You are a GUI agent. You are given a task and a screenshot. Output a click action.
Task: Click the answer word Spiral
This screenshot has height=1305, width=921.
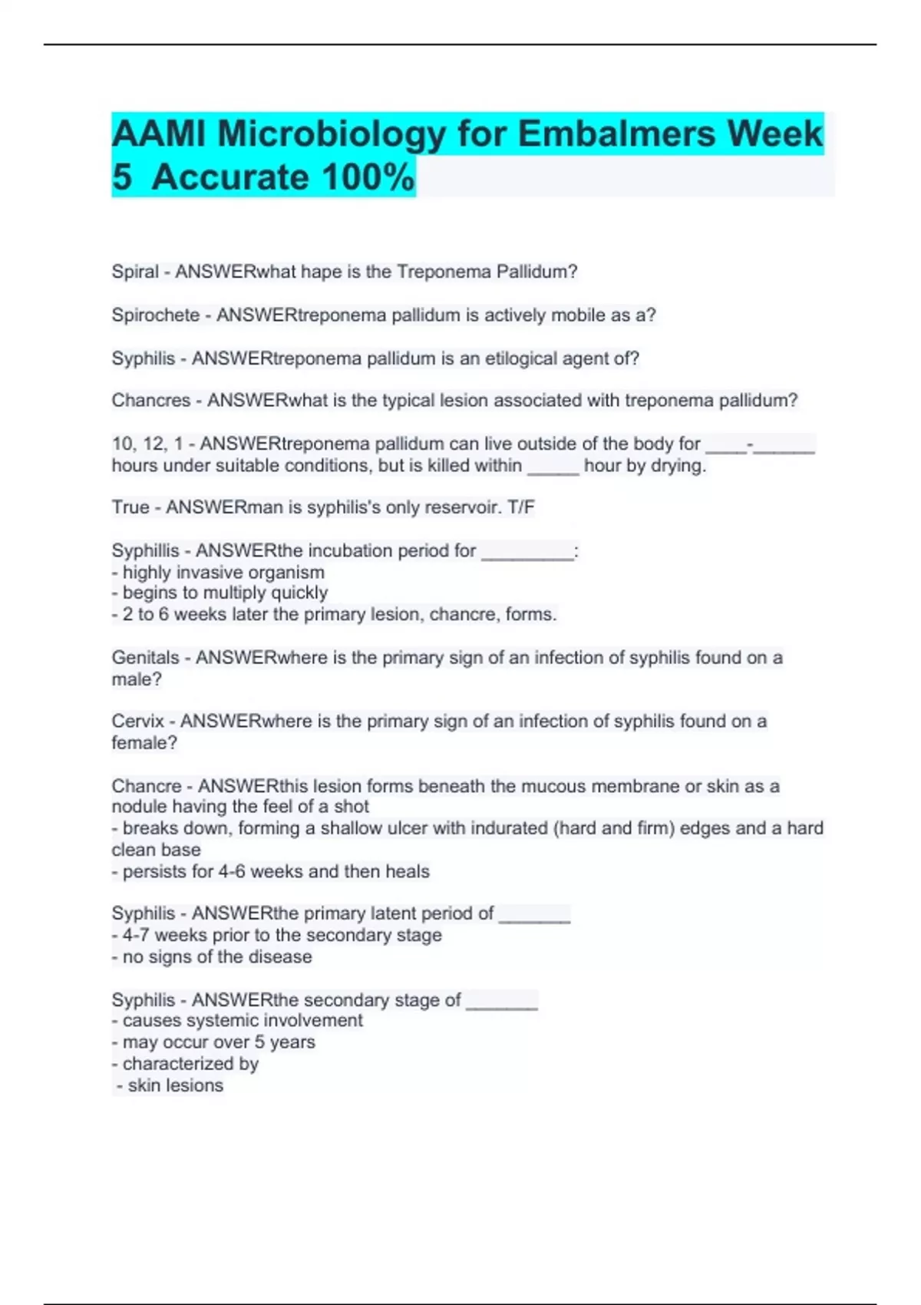135,272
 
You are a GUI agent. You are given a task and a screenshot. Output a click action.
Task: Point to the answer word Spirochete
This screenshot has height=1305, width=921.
155,316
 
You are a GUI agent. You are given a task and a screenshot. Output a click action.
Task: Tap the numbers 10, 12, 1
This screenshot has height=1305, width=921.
147,444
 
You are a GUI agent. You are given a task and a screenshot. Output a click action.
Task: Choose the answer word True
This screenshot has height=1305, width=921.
130,507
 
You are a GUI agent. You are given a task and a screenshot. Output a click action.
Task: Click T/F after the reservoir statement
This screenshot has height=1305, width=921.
521,507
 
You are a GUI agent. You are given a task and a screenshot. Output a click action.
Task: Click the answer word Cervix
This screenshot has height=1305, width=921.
137,722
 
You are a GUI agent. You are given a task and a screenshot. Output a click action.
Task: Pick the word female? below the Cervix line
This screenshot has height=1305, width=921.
144,743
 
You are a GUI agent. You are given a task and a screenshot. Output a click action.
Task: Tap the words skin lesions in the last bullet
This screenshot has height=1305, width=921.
176,1085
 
